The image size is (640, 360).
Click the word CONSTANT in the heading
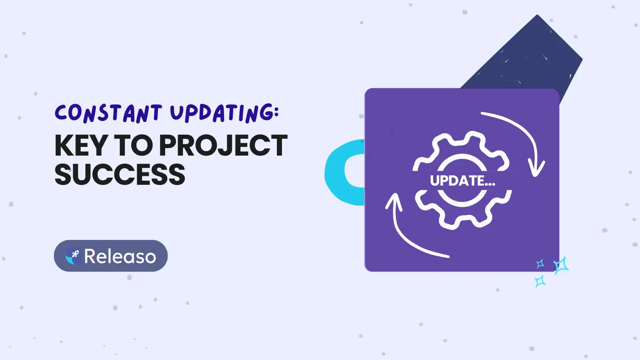(x=108, y=113)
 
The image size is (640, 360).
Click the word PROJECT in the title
(x=223, y=146)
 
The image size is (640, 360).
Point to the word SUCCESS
(x=120, y=174)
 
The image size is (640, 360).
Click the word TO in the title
(x=134, y=146)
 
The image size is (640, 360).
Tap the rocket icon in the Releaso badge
(x=73, y=256)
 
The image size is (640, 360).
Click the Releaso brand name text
(x=120, y=256)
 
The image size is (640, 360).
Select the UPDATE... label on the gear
(x=462, y=180)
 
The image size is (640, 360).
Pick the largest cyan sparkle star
(x=561, y=266)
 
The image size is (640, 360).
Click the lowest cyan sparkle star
(x=540, y=281)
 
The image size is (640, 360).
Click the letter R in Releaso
(x=90, y=256)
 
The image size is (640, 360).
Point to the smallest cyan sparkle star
(x=540, y=264)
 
